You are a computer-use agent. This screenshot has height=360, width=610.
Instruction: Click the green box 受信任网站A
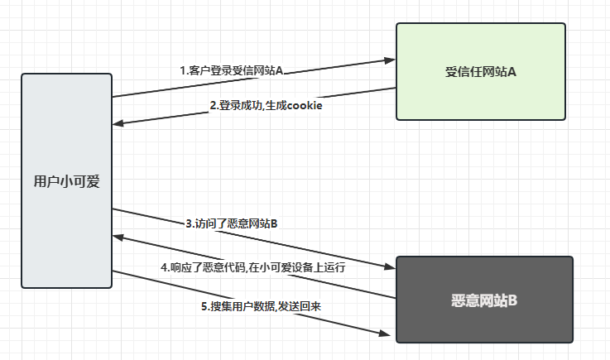click(x=481, y=72)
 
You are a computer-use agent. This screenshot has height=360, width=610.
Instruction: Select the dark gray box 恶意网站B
click(x=484, y=300)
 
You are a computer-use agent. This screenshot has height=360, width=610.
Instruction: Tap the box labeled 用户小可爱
click(x=66, y=180)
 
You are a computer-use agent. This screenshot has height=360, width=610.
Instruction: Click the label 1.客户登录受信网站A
click(x=232, y=70)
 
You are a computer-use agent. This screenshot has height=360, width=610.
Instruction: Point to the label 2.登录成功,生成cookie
click(x=266, y=105)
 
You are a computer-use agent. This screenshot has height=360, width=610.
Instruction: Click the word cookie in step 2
click(x=304, y=105)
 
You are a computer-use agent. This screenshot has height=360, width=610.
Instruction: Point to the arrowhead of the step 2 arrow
click(x=118, y=124)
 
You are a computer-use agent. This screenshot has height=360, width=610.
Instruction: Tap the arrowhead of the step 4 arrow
click(x=118, y=237)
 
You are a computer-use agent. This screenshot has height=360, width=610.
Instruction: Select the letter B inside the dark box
click(x=513, y=300)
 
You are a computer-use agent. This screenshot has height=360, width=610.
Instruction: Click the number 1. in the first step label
click(x=184, y=70)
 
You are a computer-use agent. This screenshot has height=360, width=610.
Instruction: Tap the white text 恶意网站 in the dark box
click(x=478, y=300)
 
